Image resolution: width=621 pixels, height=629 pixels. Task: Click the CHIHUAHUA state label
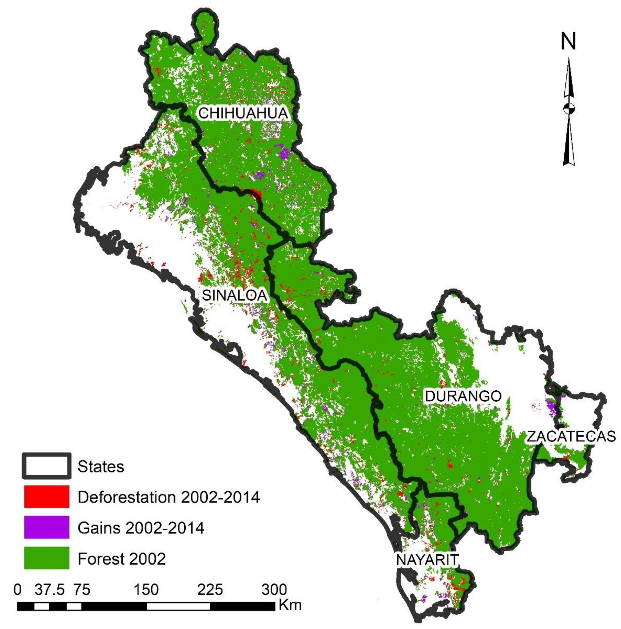pos(243,113)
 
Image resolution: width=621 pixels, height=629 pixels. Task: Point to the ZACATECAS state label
pos(571,436)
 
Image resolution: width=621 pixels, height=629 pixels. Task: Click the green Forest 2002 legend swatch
pos(47,558)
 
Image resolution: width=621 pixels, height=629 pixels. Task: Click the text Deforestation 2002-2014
pos(168,497)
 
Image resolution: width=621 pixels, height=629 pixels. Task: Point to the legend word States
pos(101,467)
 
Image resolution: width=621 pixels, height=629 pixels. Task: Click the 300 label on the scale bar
pos(274,590)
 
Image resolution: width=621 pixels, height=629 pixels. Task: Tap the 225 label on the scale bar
pos(210,590)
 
